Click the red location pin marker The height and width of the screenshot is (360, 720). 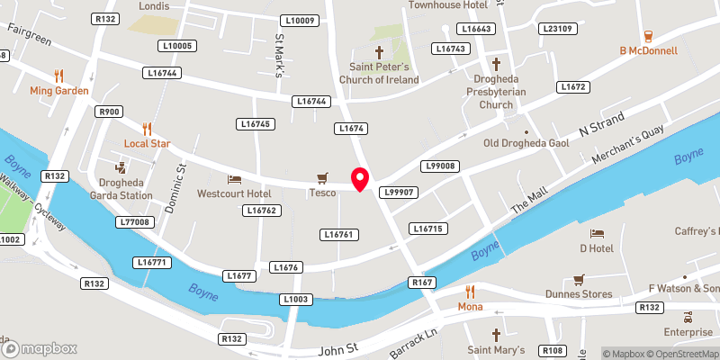(360, 179)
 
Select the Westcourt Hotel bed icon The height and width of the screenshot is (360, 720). (234, 179)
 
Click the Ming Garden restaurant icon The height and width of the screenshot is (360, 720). (58, 76)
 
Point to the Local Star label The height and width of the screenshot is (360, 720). (148, 144)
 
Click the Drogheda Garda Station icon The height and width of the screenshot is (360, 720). (120, 168)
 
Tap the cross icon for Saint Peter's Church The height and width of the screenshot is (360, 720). (379, 52)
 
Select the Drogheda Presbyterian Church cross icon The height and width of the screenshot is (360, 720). (496, 64)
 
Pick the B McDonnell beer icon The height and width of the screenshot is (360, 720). (648, 36)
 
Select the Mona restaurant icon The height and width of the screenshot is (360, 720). (470, 292)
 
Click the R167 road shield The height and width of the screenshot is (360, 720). (423, 283)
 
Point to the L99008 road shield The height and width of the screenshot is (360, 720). (442, 166)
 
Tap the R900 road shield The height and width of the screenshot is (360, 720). (110, 112)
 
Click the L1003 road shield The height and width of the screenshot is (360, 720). (295, 299)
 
